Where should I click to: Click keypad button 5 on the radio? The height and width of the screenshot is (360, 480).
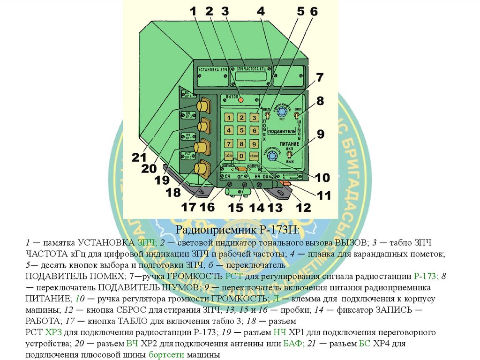click(x=241, y=130)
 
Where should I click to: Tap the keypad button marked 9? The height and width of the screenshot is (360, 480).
click(x=254, y=143)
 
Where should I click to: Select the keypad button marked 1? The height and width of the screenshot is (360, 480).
click(x=229, y=117)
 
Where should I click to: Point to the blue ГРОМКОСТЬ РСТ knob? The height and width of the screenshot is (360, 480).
click(x=282, y=112)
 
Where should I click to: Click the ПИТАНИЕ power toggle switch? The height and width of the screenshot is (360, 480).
click(x=289, y=154)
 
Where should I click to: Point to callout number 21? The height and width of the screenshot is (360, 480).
click(x=139, y=158)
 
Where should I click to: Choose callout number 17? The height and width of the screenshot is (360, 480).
click(x=188, y=208)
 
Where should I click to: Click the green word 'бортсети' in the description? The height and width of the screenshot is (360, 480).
click(x=166, y=354)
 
